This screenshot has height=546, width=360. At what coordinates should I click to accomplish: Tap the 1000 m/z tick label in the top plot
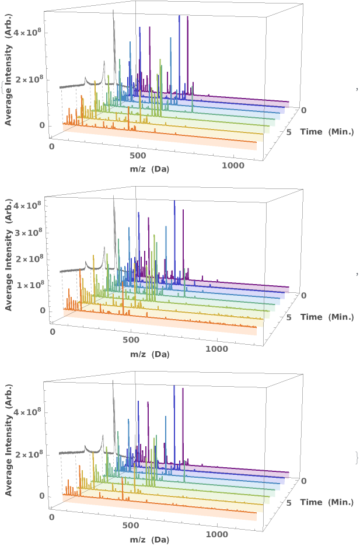pyautogui.click(x=233, y=166)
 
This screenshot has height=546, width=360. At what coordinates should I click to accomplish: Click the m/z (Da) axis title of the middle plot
pyautogui.click(x=149, y=354)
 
